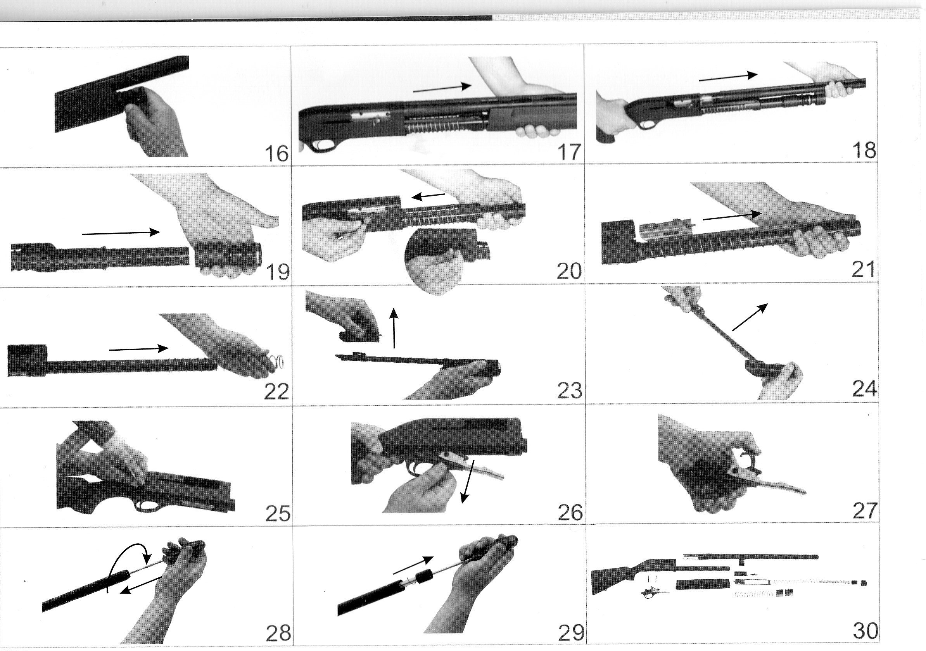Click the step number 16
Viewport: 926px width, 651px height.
click(276, 153)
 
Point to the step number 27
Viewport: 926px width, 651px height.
click(864, 510)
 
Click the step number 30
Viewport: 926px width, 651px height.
click(865, 631)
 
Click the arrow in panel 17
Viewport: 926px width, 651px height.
click(442, 88)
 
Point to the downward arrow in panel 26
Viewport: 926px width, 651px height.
click(466, 482)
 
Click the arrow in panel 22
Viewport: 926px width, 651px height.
click(139, 349)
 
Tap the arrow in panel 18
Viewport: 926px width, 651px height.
click(728, 77)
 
